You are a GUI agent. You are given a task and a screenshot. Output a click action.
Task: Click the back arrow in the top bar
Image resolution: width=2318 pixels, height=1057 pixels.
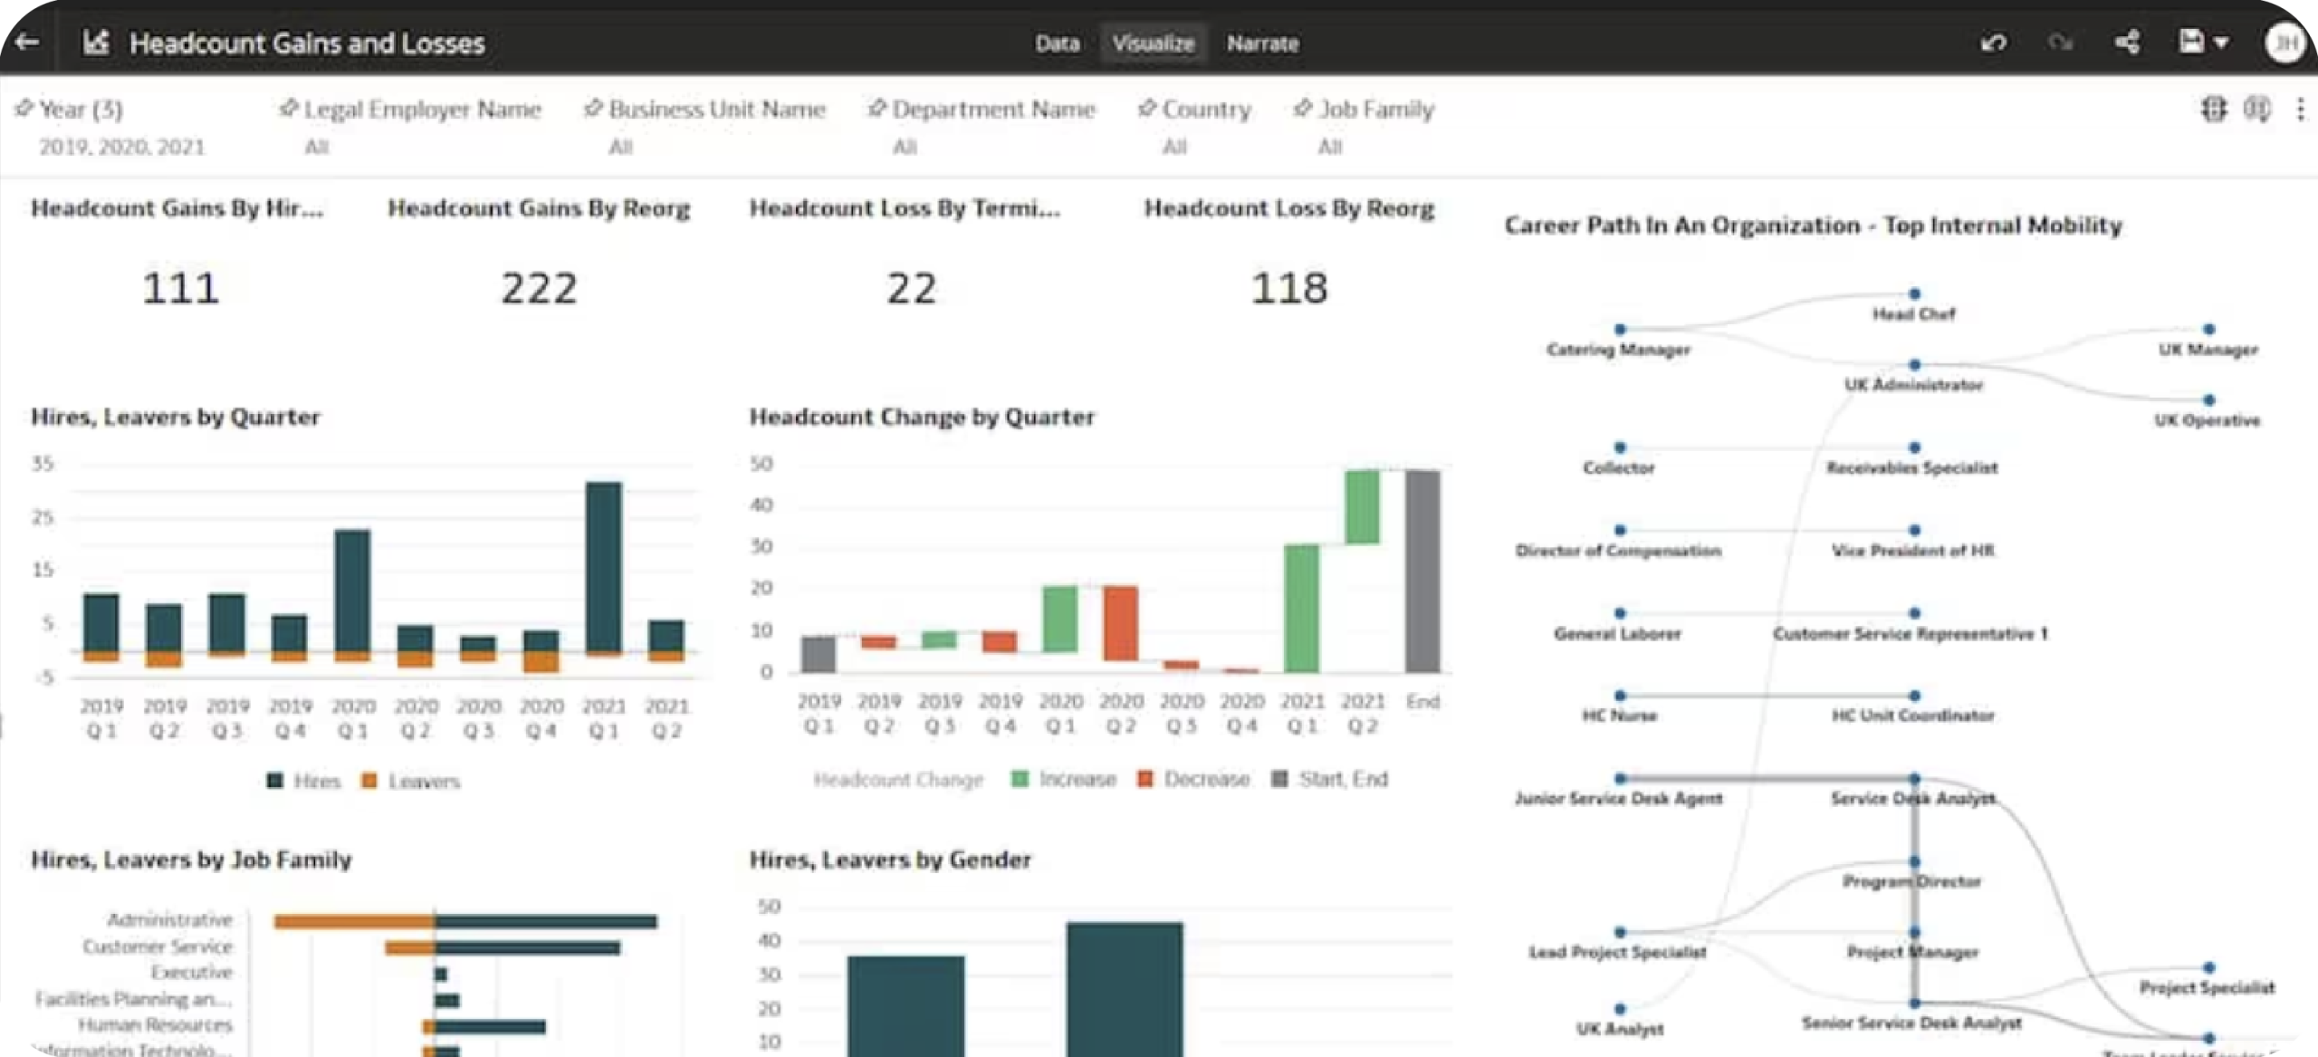pyautogui.click(x=27, y=42)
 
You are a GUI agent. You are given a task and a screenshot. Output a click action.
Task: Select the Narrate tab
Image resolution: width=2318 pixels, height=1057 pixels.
pyautogui.click(x=1262, y=43)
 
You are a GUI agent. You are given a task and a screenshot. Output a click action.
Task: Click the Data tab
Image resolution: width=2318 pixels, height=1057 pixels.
pyautogui.click(x=1057, y=43)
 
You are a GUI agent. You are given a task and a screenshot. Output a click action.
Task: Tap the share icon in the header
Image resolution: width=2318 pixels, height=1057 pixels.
pyautogui.click(x=2127, y=42)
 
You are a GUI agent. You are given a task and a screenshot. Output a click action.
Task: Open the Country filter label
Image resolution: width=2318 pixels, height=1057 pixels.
pyautogui.click(x=1205, y=110)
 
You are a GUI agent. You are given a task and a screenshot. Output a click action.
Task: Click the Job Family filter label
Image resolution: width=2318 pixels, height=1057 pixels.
pyautogui.click(x=1375, y=110)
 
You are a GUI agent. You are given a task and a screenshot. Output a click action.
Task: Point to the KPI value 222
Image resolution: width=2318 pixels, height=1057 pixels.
pyautogui.click(x=539, y=288)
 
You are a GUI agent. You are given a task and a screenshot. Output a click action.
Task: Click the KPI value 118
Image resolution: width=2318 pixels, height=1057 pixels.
pyautogui.click(x=1288, y=288)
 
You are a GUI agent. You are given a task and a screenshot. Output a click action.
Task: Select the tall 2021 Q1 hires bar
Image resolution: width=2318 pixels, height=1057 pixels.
pyautogui.click(x=603, y=566)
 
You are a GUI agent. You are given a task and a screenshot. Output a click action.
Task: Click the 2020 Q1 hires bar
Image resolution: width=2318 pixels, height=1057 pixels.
pyautogui.click(x=352, y=589)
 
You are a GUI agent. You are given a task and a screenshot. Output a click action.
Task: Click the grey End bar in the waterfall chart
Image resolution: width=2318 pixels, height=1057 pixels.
pyautogui.click(x=1422, y=571)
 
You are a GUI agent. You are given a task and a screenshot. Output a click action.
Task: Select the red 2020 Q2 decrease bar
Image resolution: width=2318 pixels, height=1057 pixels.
pyautogui.click(x=1120, y=622)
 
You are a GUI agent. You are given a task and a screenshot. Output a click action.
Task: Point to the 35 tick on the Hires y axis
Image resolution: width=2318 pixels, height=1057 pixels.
pyautogui.click(x=43, y=464)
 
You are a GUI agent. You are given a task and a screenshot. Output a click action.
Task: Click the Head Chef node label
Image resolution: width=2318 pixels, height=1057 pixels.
pyautogui.click(x=1913, y=314)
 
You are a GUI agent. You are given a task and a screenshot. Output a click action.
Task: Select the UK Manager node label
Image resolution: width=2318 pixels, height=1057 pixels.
pyautogui.click(x=2208, y=350)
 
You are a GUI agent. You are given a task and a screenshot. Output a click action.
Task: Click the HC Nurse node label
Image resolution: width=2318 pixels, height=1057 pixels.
pyautogui.click(x=1619, y=716)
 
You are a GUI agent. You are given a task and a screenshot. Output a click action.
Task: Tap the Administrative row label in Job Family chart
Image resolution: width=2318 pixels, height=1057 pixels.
pyautogui.click(x=169, y=920)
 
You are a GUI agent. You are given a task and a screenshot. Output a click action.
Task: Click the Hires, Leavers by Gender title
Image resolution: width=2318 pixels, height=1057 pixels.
pyautogui.click(x=889, y=860)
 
